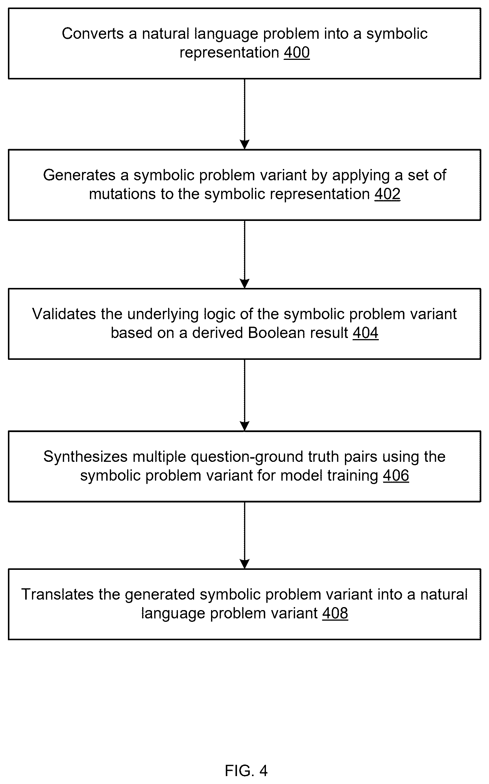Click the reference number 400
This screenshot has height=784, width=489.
297,52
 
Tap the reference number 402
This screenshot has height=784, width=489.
387,194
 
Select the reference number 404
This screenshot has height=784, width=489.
366,333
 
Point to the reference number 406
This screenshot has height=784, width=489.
396,475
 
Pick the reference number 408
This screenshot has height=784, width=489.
335,613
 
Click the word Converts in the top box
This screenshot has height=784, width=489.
93,33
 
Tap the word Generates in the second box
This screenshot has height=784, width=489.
74,175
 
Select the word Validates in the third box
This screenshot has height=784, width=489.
64,314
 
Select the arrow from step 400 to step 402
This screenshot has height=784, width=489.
244,114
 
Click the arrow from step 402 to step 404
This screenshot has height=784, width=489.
244,254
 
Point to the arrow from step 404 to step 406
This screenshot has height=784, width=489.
244,395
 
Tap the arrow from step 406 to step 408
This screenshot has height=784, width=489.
244,535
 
